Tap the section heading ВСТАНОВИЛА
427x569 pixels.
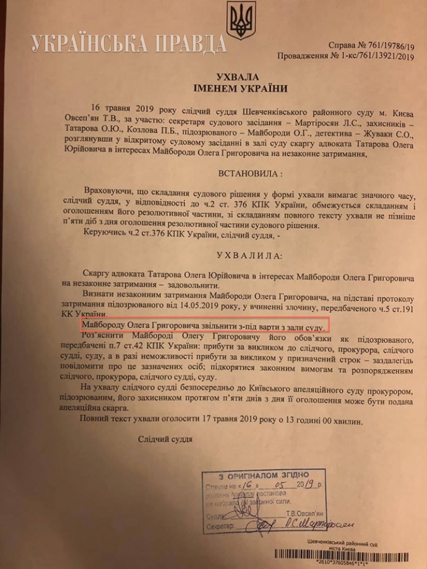click(x=212, y=171)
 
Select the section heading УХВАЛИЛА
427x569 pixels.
click(x=212, y=255)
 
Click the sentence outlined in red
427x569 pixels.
click(x=204, y=325)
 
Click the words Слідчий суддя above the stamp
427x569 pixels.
click(x=164, y=440)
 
